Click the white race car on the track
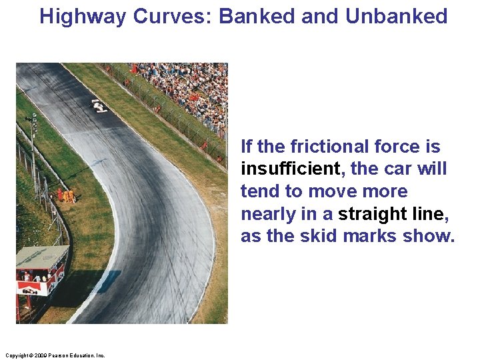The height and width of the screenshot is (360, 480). pyautogui.click(x=99, y=105)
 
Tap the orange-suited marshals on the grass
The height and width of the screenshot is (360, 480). pyautogui.click(x=66, y=195)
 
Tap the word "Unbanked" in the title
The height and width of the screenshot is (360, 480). pyautogui.click(x=396, y=16)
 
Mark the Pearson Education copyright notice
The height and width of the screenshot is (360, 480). pyautogui.click(x=54, y=355)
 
